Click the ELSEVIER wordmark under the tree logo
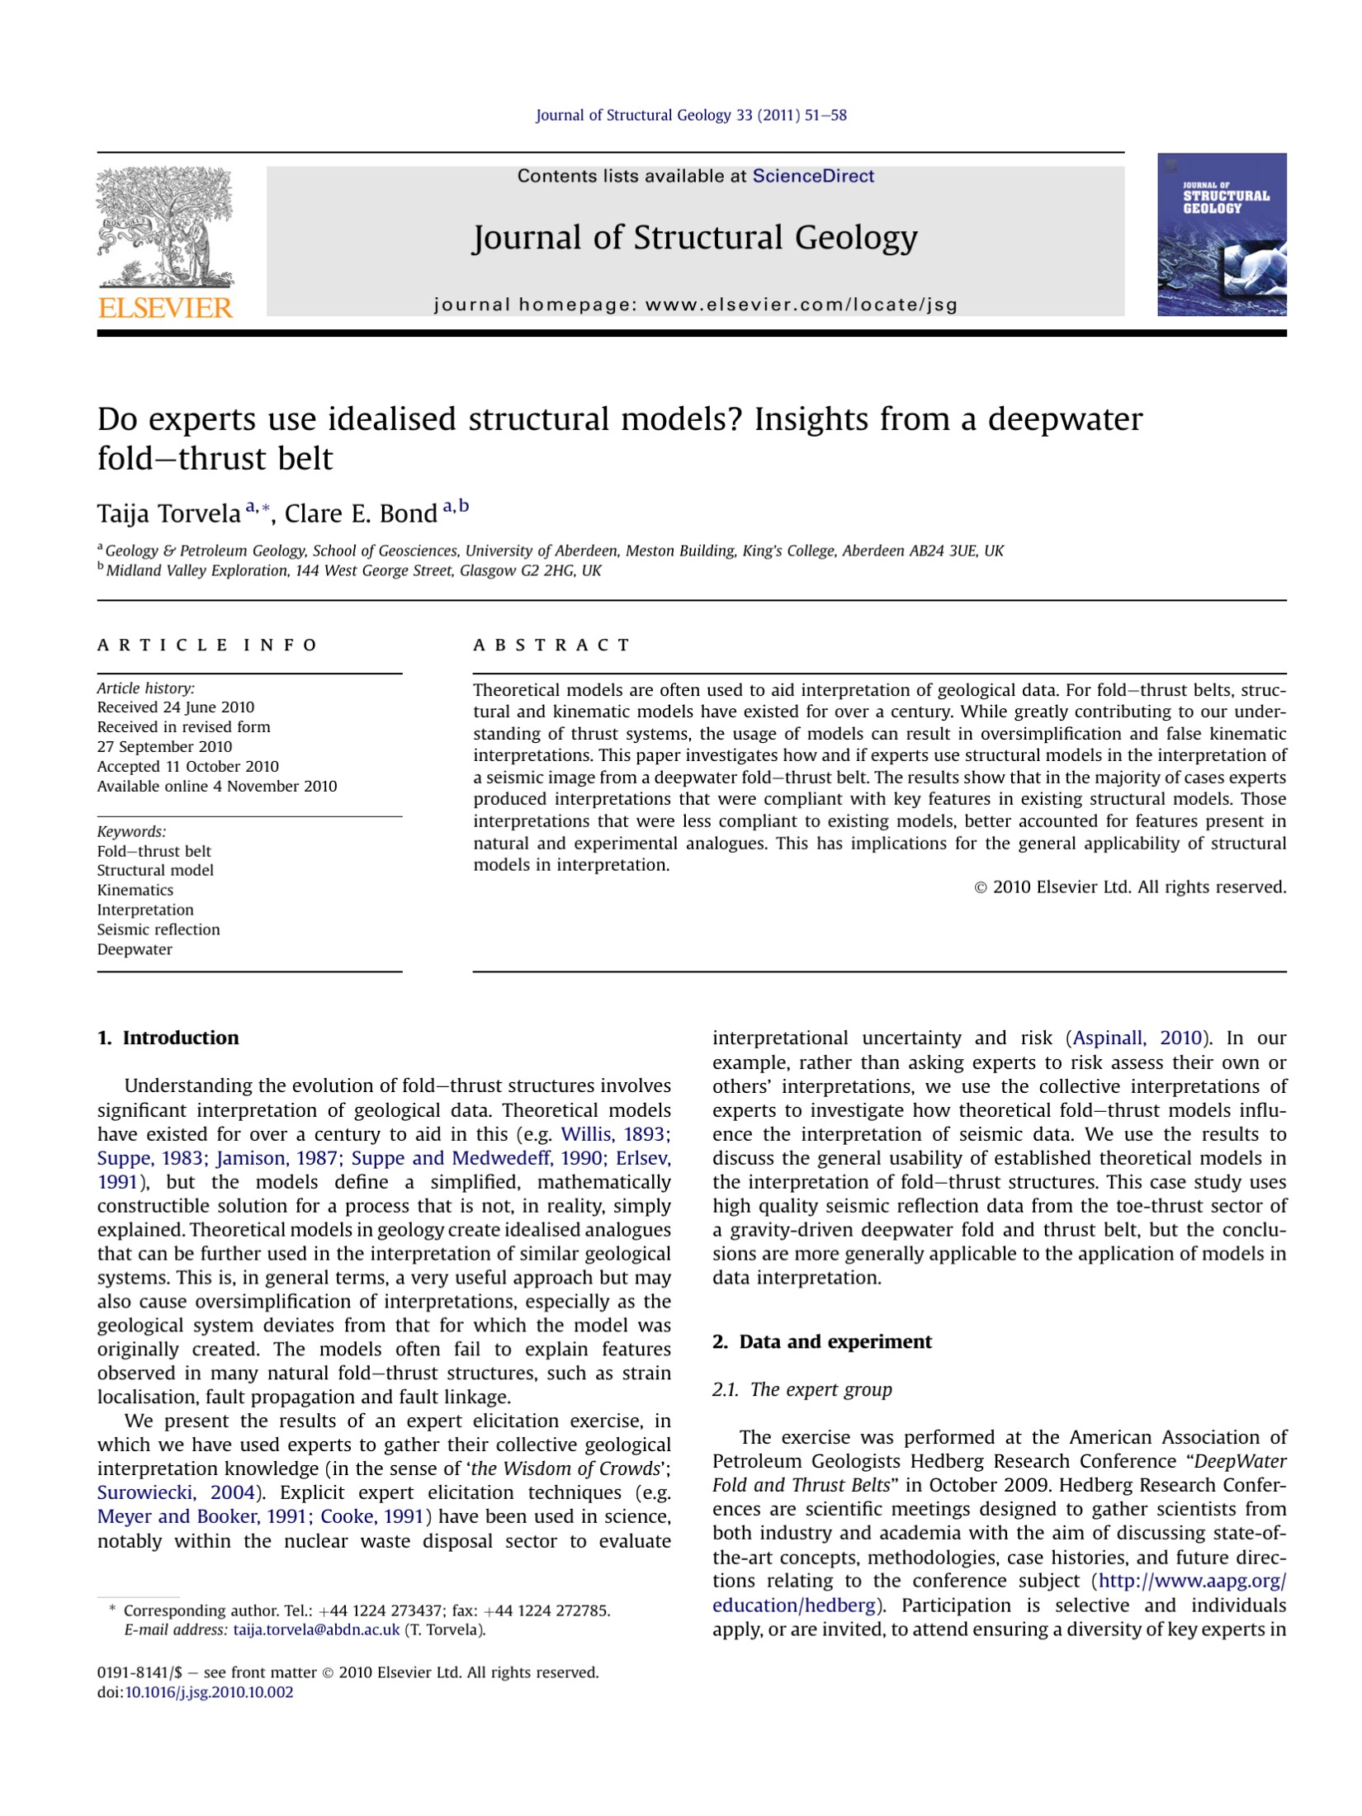pos(165,308)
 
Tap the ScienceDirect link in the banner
pos(812,176)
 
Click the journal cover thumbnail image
pos(1221,234)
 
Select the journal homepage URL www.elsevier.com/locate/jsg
pos(801,305)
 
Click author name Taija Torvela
pos(168,513)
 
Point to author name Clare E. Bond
pos(361,513)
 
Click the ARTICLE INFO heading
pos(207,645)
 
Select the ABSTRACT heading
pos(551,645)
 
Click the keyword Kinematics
pos(135,890)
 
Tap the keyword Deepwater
pos(135,949)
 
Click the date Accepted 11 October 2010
pos(187,766)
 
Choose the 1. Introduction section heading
pos(168,1038)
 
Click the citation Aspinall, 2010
pos(1137,1038)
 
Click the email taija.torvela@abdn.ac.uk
pos(316,1629)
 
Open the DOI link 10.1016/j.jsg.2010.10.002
pos(209,1692)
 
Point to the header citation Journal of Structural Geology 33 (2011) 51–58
pos(691,116)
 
